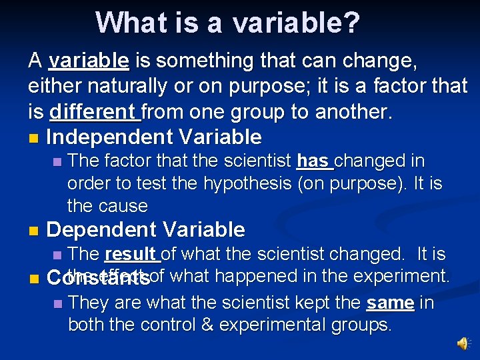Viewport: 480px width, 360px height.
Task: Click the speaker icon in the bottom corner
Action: click(x=462, y=343)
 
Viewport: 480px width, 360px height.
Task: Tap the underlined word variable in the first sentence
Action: click(x=89, y=61)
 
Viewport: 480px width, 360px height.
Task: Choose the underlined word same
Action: click(x=390, y=303)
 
